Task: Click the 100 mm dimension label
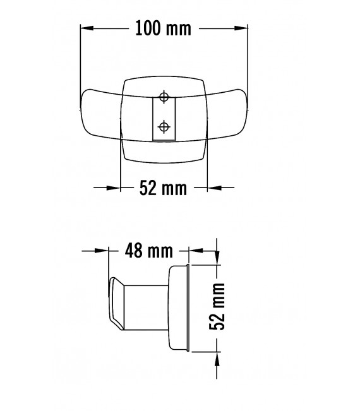coord(164,29)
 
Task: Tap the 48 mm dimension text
coord(149,251)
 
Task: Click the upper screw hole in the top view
coord(164,97)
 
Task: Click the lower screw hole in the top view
coord(164,126)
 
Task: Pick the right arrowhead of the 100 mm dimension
coord(241,28)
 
